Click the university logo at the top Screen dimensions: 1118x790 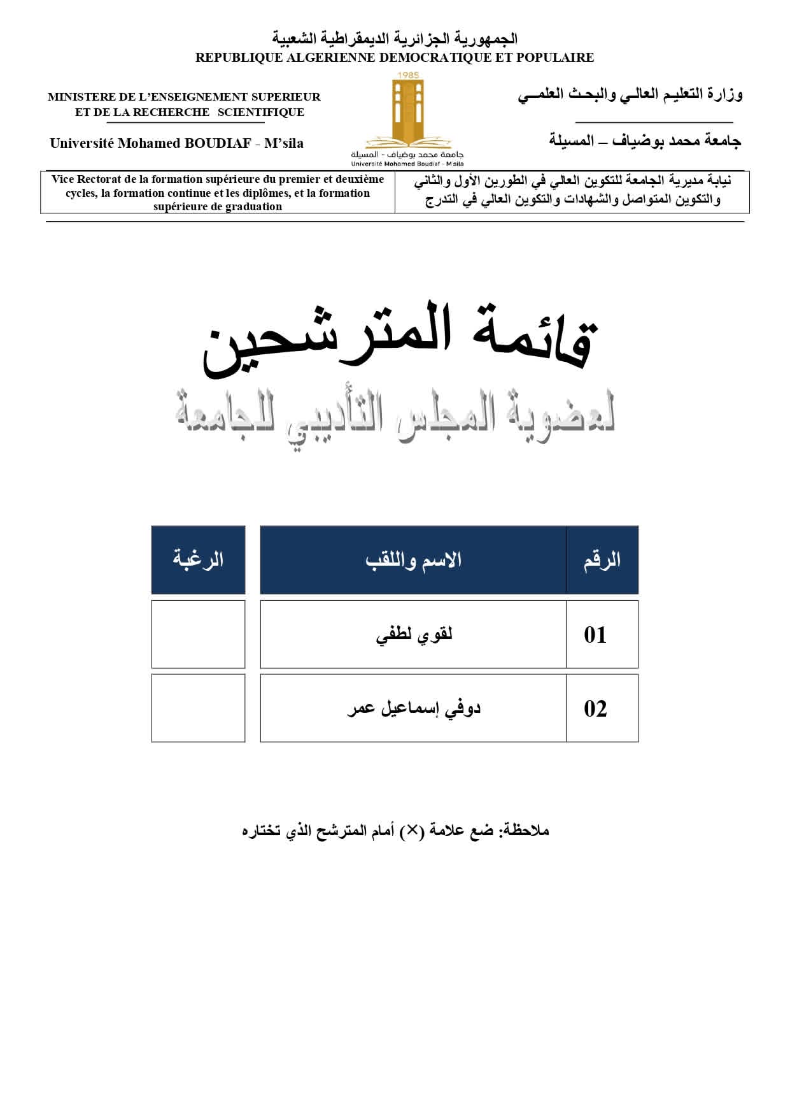pos(407,115)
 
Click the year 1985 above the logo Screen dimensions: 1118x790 pos(407,75)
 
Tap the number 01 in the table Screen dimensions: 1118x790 pos(595,634)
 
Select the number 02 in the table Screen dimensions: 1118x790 pos(595,708)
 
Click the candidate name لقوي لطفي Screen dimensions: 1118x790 pos(414,635)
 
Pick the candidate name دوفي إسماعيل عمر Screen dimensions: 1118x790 pos(414,708)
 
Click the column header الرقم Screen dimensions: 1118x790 pos(602,560)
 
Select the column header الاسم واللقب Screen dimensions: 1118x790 pos(414,560)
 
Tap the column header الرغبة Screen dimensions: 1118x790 pos(198,560)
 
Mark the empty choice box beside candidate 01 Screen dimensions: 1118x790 pos(198,634)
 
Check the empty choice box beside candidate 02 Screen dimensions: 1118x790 pos(198,708)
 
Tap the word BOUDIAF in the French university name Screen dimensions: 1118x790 pos(217,143)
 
